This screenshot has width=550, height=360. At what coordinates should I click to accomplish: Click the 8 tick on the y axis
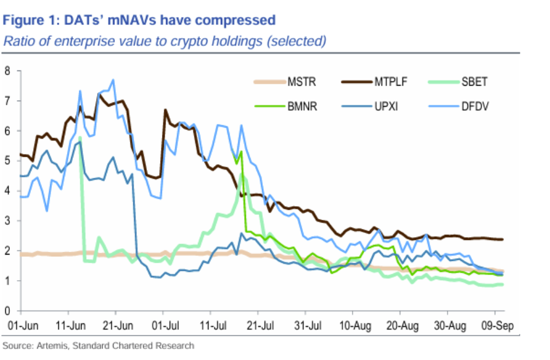[x=8, y=71]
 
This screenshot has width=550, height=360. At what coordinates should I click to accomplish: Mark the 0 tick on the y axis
[x=8, y=310]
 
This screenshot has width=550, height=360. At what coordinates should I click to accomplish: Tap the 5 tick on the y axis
[x=8, y=161]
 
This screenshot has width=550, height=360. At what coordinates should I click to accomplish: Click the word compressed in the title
[x=237, y=20]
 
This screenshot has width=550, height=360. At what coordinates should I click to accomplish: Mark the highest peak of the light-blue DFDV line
[x=112, y=80]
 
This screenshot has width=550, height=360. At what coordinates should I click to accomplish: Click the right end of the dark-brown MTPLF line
[x=503, y=239]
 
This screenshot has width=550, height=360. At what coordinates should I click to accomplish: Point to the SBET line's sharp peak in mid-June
[x=79, y=137]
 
